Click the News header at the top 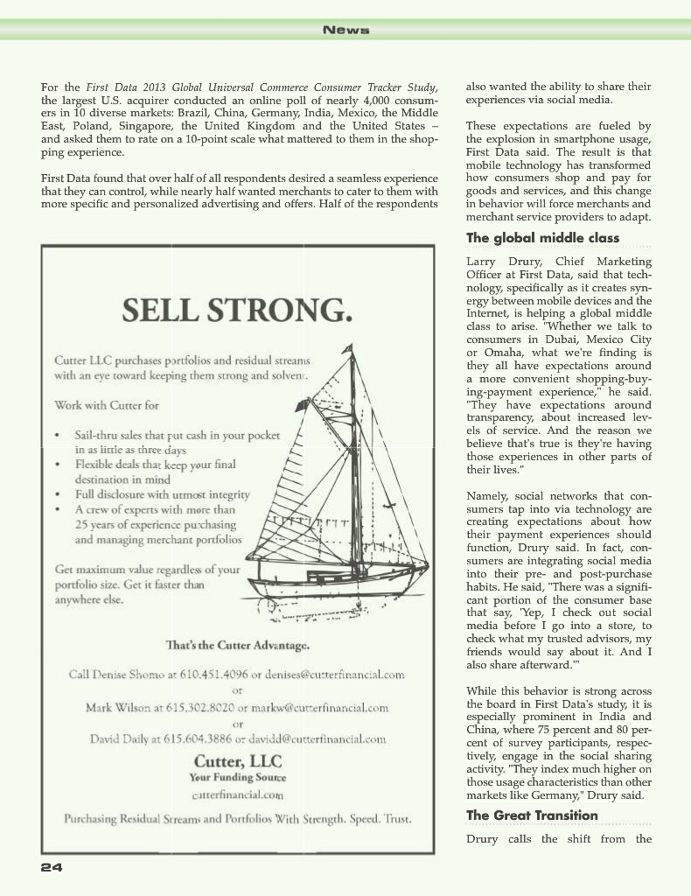click(345, 30)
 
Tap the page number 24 click(51, 867)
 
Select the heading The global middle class click(542, 238)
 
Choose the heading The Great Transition click(532, 815)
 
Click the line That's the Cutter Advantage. click(237, 646)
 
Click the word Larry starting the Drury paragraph click(482, 262)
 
